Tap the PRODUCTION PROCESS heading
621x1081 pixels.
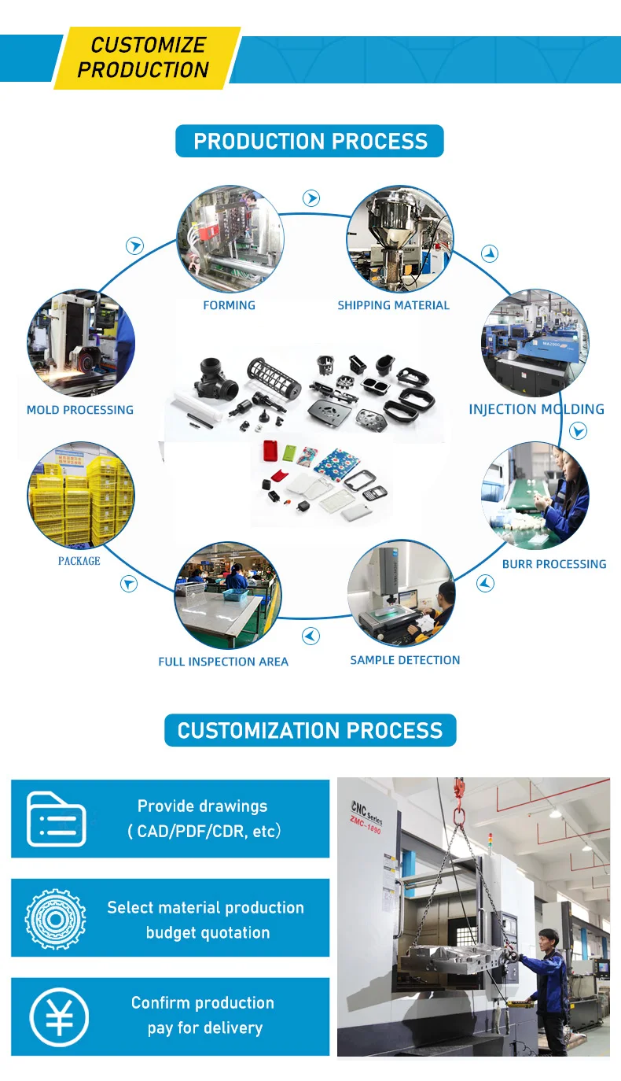(x=310, y=142)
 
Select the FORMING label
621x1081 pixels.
(x=229, y=305)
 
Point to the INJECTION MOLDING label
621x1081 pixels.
(x=536, y=409)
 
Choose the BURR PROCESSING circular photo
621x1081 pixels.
(x=535, y=496)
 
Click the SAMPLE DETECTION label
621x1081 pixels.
(x=405, y=660)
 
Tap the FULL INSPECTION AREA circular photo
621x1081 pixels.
(x=228, y=595)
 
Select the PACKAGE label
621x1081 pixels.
(x=79, y=561)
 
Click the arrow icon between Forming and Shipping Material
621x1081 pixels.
(x=312, y=198)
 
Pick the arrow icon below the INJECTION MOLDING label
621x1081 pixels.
(x=578, y=431)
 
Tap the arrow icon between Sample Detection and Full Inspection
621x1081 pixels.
(x=311, y=636)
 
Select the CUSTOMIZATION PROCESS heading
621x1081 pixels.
(x=310, y=730)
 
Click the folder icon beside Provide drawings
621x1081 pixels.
(x=56, y=819)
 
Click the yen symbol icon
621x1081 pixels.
(x=59, y=1016)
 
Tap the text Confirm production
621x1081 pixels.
(x=203, y=1003)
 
